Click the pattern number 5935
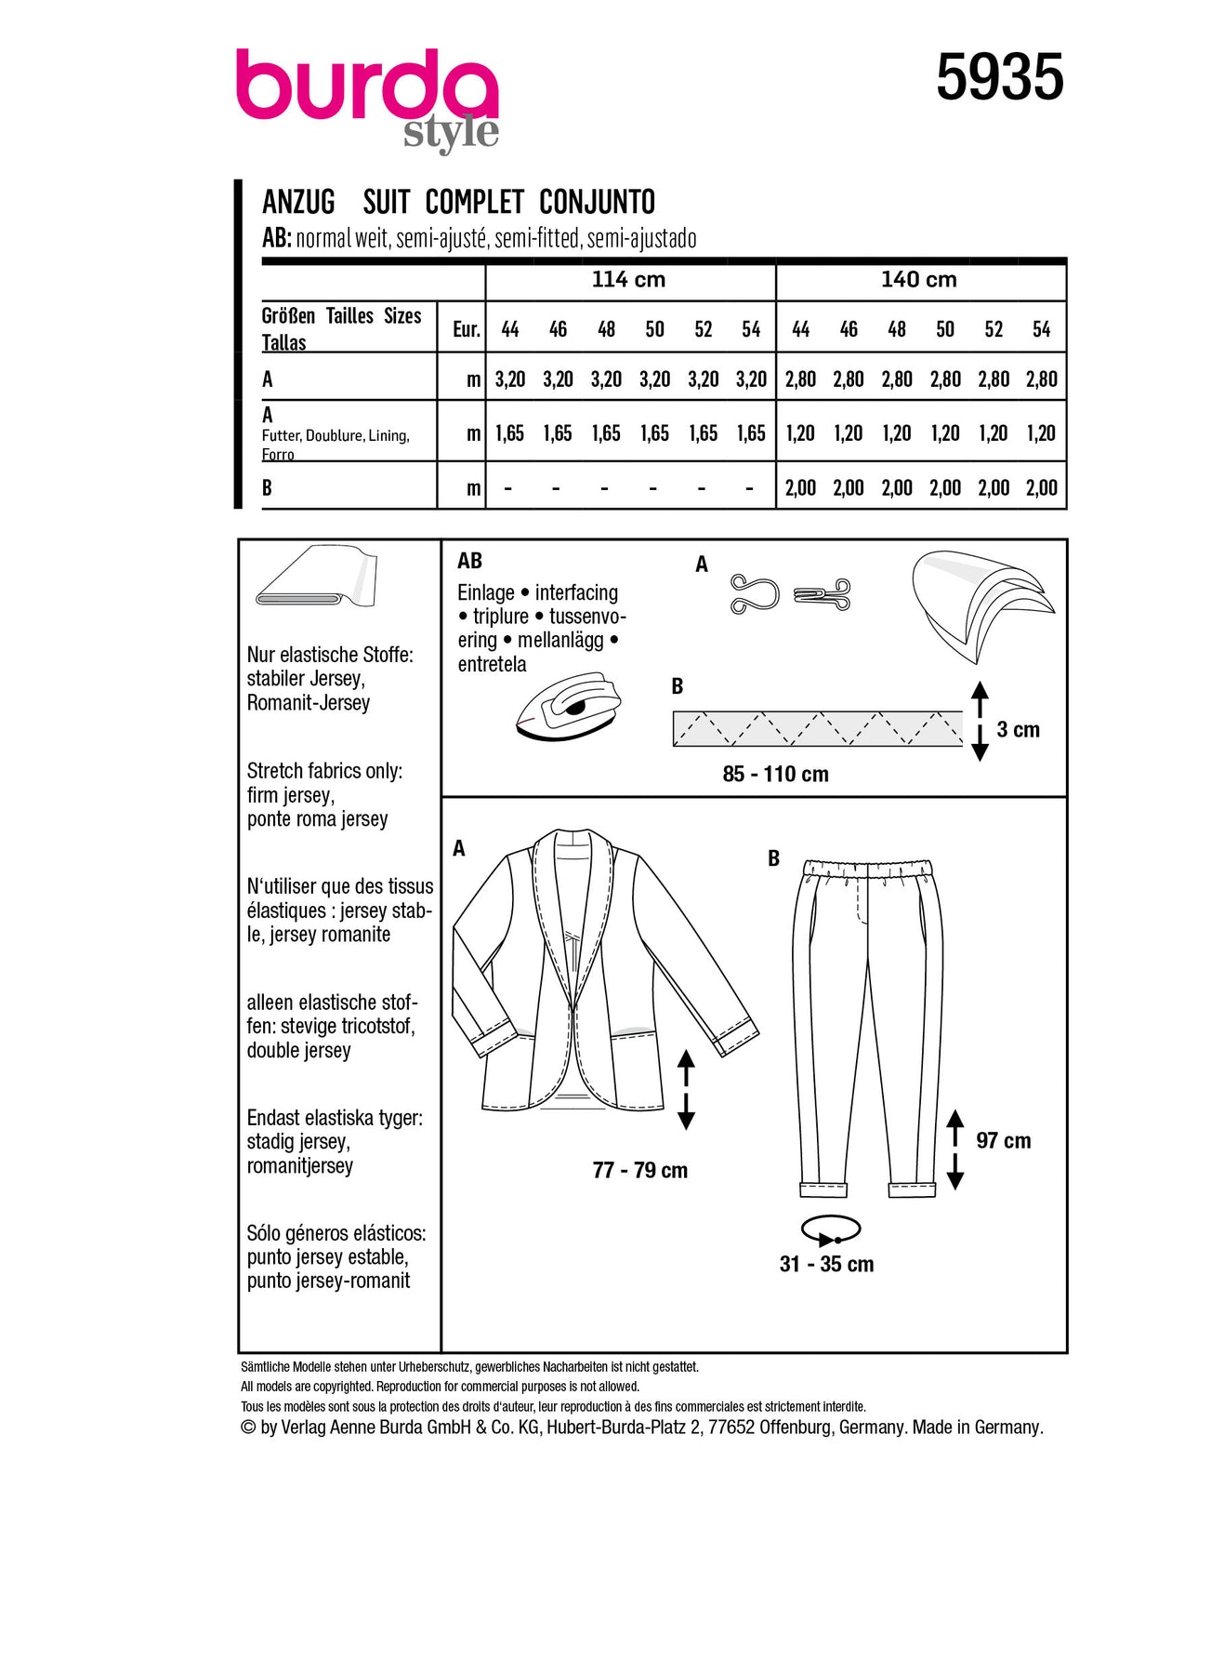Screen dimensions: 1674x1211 [999, 77]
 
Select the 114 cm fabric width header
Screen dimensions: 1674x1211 [628, 280]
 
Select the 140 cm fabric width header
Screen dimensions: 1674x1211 [918, 280]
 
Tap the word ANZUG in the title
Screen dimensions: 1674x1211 [298, 202]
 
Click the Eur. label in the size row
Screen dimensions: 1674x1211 [466, 329]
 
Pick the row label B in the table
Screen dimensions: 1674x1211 [268, 488]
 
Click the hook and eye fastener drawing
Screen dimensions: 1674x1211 [790, 594]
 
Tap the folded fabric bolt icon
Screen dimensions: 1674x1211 [316, 577]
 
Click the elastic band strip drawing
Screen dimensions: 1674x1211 [817, 728]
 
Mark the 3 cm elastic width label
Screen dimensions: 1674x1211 [1018, 730]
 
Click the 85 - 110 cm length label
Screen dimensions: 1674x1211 [775, 775]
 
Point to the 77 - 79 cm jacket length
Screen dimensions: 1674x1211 [639, 1171]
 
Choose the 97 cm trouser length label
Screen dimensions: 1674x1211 [1003, 1141]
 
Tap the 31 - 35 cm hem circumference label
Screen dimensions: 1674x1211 [826, 1265]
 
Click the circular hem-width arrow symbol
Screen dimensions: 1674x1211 [830, 1230]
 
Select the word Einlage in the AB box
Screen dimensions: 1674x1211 [485, 593]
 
